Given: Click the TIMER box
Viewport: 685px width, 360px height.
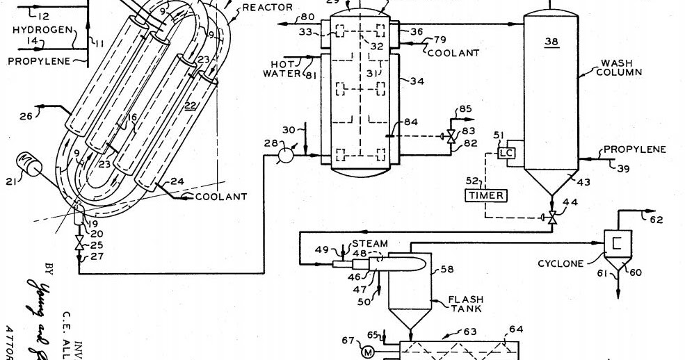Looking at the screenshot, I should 487,195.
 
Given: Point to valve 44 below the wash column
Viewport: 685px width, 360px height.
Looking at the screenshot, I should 551,217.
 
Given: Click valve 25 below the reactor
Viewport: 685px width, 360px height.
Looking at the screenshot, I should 79,245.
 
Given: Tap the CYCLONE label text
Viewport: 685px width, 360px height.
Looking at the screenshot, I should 561,263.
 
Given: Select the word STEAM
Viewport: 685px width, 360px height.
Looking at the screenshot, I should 369,244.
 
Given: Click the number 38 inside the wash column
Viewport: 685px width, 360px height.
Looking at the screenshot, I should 551,42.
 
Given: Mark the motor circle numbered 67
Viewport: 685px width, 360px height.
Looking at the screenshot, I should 366,352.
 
